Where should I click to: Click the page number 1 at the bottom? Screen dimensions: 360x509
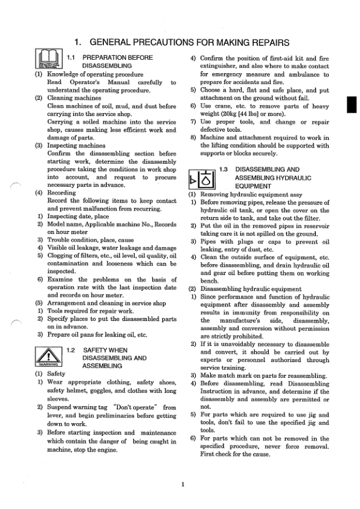pyautogui.click(x=182, y=484)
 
